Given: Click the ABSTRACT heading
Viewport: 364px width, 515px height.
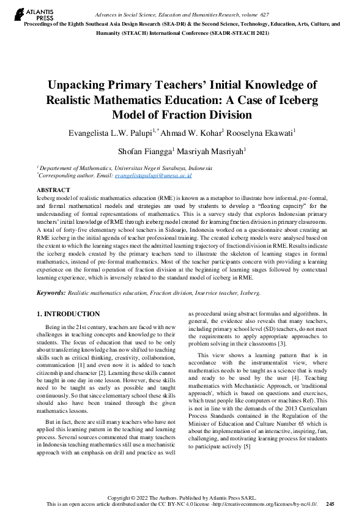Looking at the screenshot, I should (54, 190).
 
